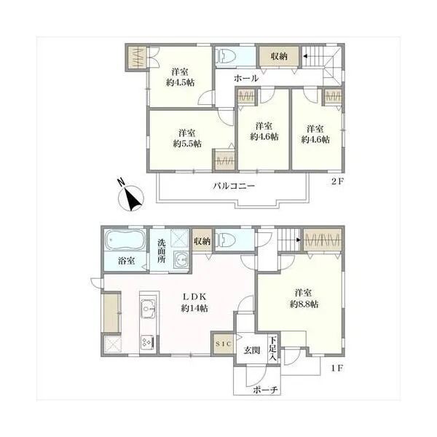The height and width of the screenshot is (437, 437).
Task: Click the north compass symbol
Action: click(x=130, y=197)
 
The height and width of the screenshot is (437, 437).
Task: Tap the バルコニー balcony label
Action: click(x=234, y=186)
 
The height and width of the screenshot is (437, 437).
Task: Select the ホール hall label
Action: click(x=246, y=79)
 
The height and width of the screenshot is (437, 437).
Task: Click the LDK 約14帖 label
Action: click(x=194, y=303)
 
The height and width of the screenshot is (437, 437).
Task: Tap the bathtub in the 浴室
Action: click(x=125, y=240)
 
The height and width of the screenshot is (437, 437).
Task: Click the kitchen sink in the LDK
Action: click(x=149, y=309)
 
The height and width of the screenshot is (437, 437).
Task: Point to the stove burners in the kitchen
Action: click(x=147, y=342)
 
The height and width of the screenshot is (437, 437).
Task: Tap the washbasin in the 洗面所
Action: click(x=181, y=259)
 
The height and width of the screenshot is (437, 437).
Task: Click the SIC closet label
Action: click(x=224, y=344)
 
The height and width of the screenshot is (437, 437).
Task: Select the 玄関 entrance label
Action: click(x=252, y=350)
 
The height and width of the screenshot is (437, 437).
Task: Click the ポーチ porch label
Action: click(x=265, y=390)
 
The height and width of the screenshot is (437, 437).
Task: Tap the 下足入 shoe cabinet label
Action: click(x=273, y=349)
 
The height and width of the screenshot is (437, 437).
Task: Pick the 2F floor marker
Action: click(x=337, y=181)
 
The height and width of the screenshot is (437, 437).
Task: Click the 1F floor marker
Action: click(x=337, y=368)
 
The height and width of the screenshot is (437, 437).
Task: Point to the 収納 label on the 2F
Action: click(x=279, y=56)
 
